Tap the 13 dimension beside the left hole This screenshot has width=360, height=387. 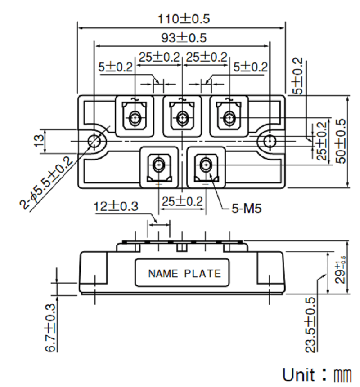click(x=40, y=141)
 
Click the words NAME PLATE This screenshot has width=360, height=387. click(x=184, y=274)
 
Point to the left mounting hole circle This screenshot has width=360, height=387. click(x=94, y=141)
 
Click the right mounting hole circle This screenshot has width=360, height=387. click(x=269, y=141)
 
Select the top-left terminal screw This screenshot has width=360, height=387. click(x=135, y=118)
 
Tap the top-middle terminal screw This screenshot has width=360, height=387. click(x=181, y=118)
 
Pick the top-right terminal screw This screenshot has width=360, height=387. click(x=229, y=118)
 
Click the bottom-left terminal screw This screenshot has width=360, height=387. click(x=158, y=165)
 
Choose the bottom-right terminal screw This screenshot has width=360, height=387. click(x=206, y=165)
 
